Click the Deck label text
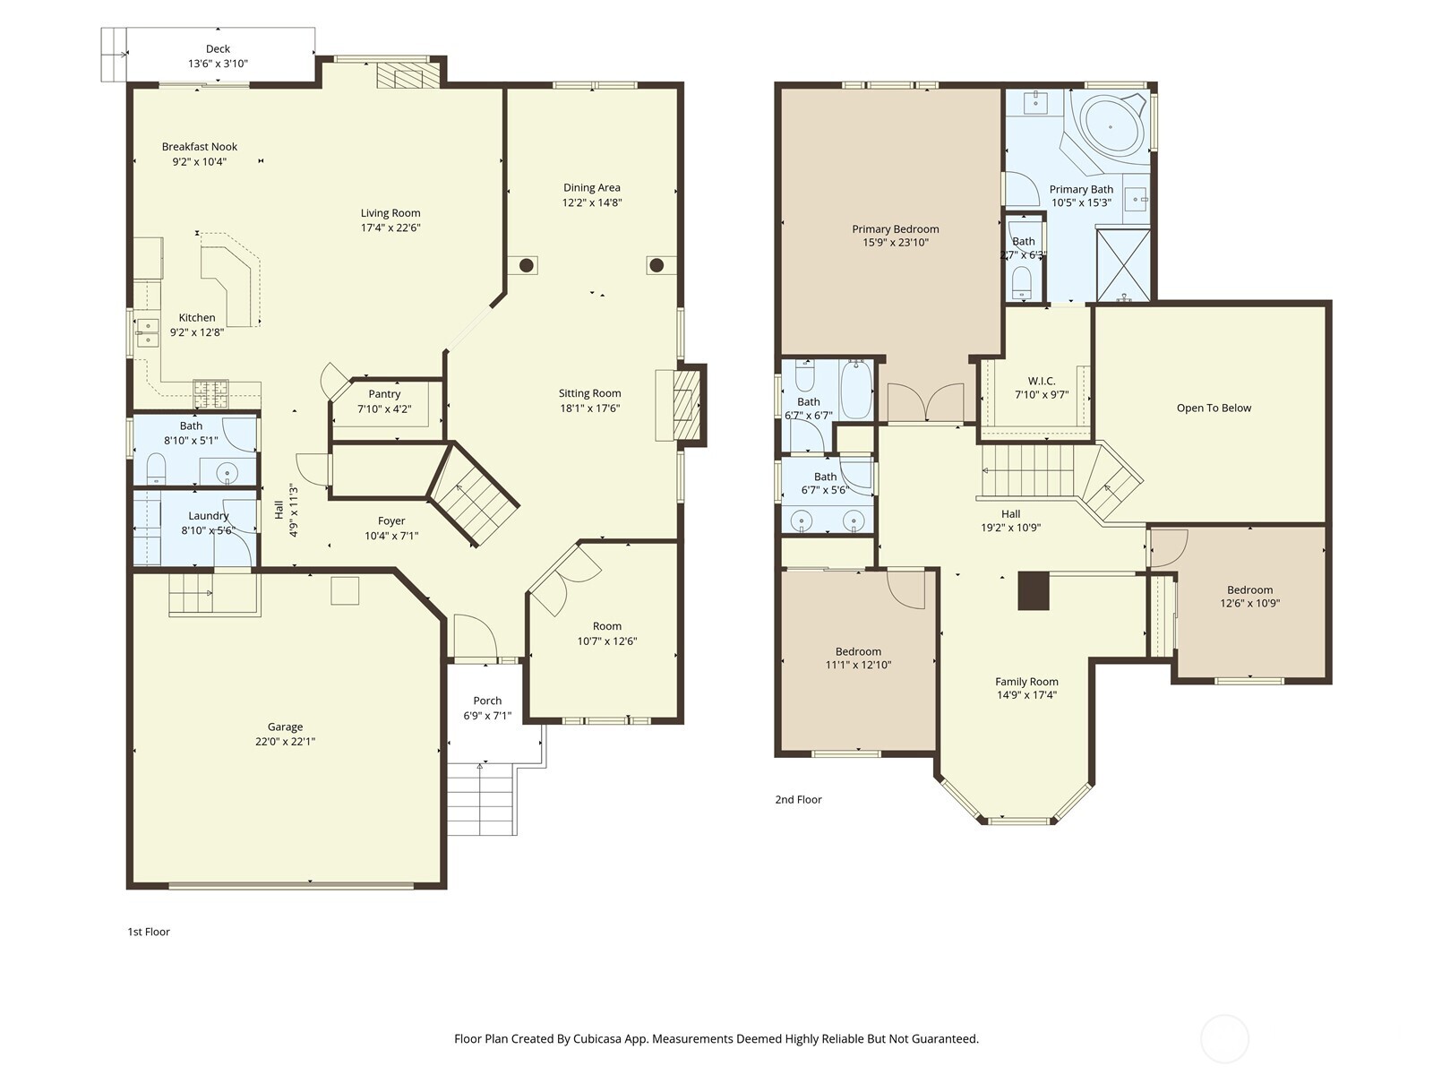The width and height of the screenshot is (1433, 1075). (x=218, y=49)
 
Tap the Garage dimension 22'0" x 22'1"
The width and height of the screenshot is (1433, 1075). (x=285, y=742)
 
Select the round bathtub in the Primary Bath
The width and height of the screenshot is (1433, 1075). (x=1111, y=126)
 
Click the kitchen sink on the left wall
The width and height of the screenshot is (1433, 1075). (x=146, y=332)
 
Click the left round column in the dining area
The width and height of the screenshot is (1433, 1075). (x=527, y=265)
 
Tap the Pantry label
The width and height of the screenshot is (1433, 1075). (x=384, y=394)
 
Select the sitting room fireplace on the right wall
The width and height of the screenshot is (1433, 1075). (x=685, y=406)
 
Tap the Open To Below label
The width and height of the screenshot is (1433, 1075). (x=1214, y=408)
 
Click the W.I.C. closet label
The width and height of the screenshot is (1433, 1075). (x=1041, y=381)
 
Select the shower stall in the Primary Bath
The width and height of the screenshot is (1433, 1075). (x=1123, y=265)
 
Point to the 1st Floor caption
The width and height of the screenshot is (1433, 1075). (x=149, y=932)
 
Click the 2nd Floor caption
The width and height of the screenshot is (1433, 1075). (x=798, y=799)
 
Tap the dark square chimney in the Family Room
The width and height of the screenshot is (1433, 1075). (x=1033, y=591)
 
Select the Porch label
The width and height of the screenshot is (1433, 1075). (x=487, y=701)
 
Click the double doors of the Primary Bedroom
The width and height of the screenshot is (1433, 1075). (x=926, y=403)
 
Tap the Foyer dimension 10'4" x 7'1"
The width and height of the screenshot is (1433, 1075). (x=391, y=536)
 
